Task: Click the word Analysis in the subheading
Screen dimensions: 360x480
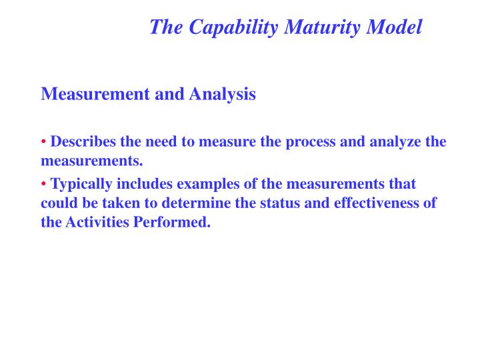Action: click(223, 94)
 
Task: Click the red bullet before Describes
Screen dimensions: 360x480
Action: click(44, 142)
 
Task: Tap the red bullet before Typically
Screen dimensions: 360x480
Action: click(44, 183)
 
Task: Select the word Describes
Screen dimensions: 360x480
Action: click(83, 142)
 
